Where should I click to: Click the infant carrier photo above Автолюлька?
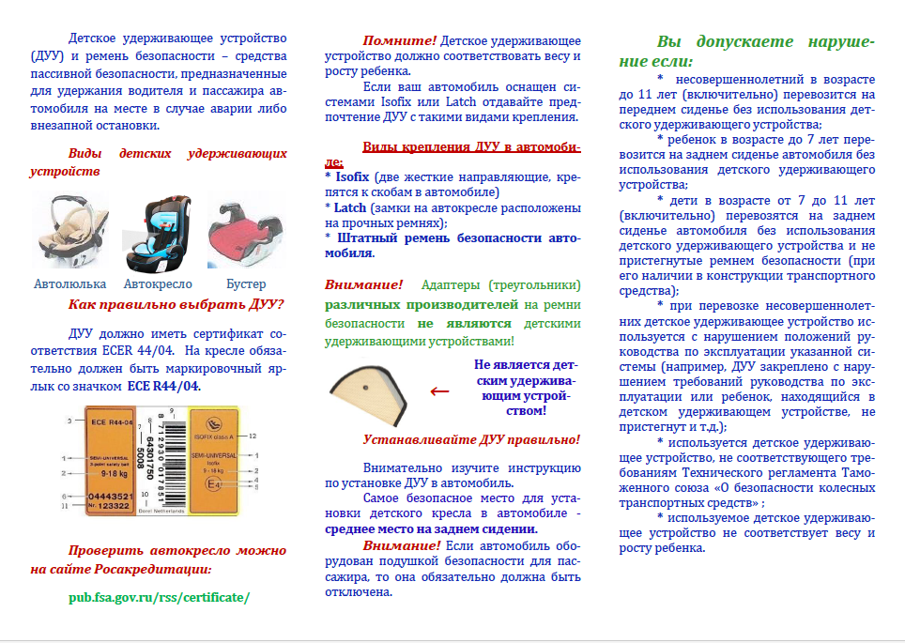pyautogui.click(x=69, y=231)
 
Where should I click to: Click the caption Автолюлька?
pyautogui.click(x=70, y=283)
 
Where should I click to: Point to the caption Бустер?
pyautogui.click(x=247, y=283)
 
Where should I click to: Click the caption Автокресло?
pyautogui.click(x=158, y=283)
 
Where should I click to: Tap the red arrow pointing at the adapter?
pyautogui.click(x=438, y=390)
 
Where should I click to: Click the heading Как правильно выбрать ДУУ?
pyautogui.click(x=176, y=305)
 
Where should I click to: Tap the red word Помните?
pyautogui.click(x=400, y=41)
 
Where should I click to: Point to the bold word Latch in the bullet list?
pyautogui.click(x=350, y=207)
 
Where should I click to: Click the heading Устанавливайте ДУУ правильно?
pyautogui.click(x=471, y=439)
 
